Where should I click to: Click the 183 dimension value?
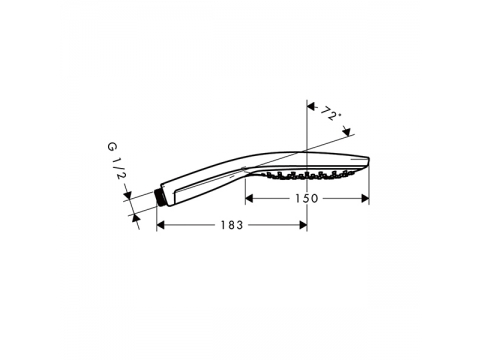pos(232,225)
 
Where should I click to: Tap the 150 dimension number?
pos(307,199)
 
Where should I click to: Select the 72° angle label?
pos(329,114)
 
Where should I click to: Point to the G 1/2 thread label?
pos(117,160)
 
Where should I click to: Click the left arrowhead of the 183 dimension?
pos(161,225)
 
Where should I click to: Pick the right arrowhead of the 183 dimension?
pos(303,225)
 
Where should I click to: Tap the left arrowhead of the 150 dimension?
pos(249,199)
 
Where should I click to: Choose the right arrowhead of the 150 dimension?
pos(365,199)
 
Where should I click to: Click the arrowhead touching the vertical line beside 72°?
pos(311,107)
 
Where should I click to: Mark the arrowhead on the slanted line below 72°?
pos(347,131)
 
